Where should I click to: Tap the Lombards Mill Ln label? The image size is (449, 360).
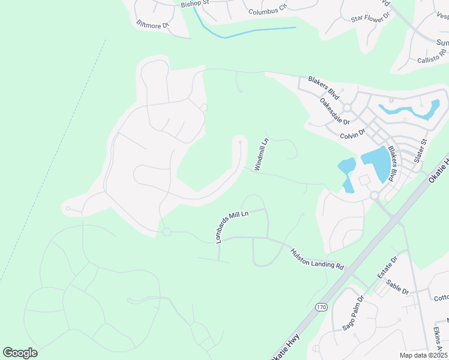[x=232, y=226]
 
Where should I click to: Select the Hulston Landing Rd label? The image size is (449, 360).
[x=317, y=259]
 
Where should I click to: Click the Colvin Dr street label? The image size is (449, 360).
[x=352, y=134]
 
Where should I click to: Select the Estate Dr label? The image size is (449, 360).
[x=387, y=268]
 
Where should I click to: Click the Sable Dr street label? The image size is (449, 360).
[x=397, y=287]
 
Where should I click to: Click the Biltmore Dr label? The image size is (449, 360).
[x=152, y=25]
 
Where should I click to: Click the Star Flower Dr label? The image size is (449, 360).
[x=370, y=18]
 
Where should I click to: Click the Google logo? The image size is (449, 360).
[x=20, y=353]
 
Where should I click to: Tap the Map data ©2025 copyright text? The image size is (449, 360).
[x=423, y=355]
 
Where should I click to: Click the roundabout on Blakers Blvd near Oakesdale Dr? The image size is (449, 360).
[x=346, y=107]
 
